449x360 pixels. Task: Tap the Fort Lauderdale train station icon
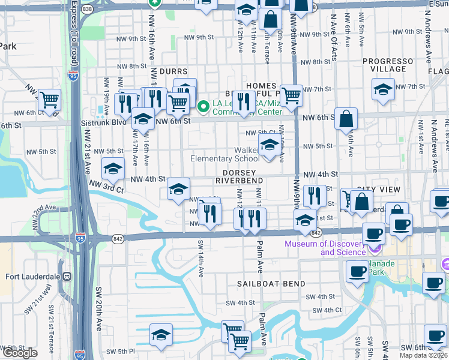click(66, 277)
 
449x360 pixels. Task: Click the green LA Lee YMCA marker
click(203, 107)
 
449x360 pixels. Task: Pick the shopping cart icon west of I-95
click(50, 99)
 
